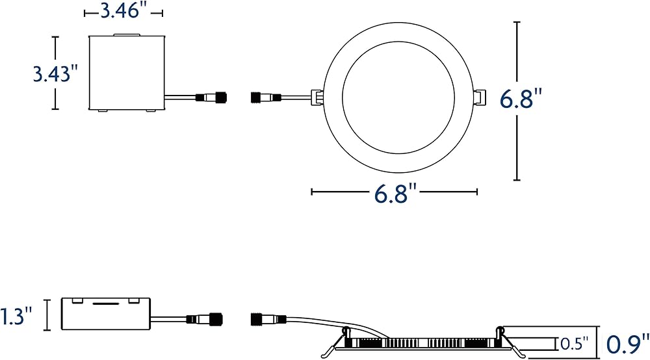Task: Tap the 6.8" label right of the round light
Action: click(x=521, y=99)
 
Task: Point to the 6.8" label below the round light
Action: click(x=395, y=193)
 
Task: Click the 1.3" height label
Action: click(x=16, y=316)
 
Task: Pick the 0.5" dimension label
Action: click(x=575, y=343)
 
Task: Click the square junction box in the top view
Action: click(x=127, y=73)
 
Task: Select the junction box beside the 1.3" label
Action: click(x=106, y=314)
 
